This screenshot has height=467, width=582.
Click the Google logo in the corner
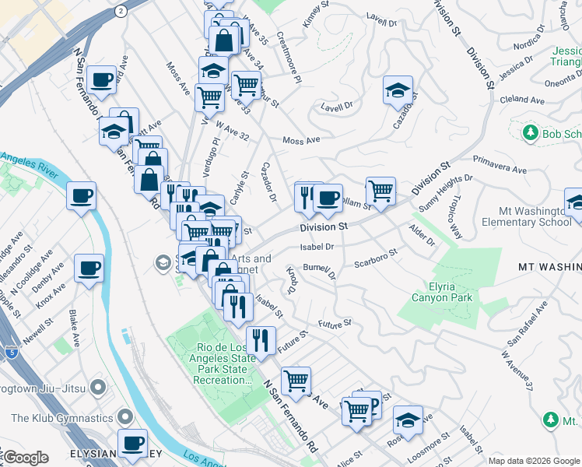pos(25,458)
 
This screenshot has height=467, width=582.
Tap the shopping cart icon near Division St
pos(380,190)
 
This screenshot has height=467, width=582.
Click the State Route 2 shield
pos(120,11)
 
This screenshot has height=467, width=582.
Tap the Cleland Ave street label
pos(523,100)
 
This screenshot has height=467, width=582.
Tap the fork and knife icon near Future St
pos(261,339)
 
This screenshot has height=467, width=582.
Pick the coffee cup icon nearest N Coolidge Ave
pos(88,269)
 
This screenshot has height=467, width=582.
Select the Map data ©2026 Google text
pos(535,461)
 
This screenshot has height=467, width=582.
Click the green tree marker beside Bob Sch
pos(530,134)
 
